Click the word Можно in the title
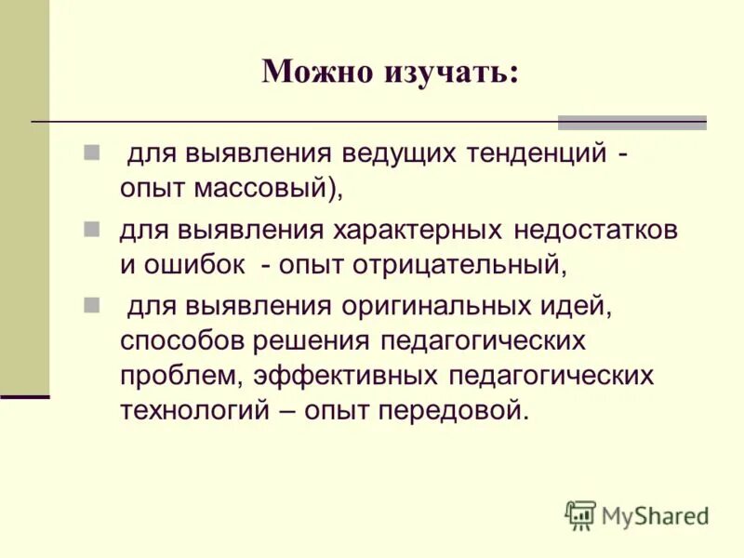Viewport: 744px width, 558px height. pyautogui.click(x=313, y=72)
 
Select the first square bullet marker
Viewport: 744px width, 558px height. pyautogui.click(x=91, y=151)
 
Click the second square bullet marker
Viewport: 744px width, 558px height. pyautogui.click(x=91, y=228)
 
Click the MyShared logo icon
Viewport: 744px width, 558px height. pyautogui.click(x=580, y=514)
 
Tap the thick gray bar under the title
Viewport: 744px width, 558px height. pyautogui.click(x=631, y=122)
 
